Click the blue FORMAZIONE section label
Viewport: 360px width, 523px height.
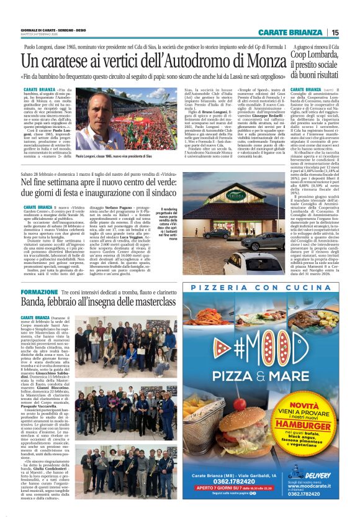point(39,291)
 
